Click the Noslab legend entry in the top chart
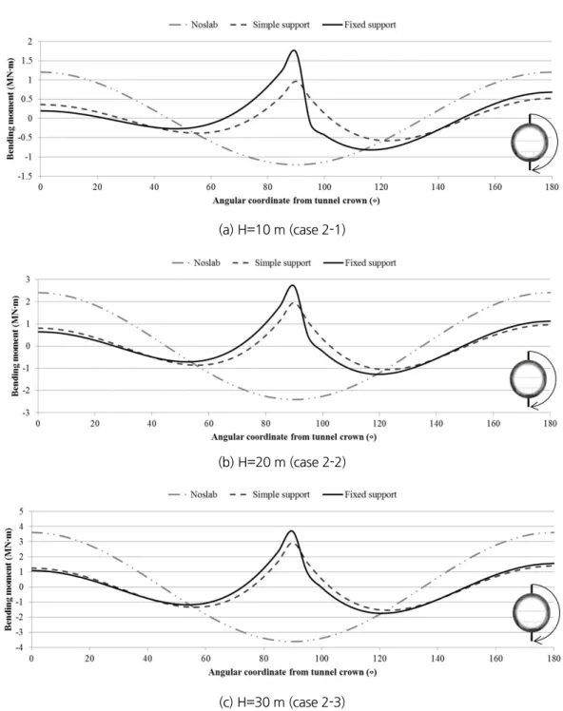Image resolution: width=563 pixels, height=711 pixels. pos(193,25)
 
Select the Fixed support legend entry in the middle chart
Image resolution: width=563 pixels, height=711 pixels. pos(359,262)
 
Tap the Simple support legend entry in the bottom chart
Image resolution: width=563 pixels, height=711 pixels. pos(270,494)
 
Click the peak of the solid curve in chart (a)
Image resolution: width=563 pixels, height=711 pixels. pos(294,50)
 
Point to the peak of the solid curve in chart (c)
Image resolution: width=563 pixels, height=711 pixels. pos(291,531)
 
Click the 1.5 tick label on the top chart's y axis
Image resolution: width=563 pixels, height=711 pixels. pos(28,61)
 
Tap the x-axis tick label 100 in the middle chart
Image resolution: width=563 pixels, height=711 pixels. pos(322,424)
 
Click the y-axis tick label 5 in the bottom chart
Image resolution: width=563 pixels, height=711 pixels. pos(21,511)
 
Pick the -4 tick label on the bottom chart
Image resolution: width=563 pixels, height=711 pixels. pos(20,647)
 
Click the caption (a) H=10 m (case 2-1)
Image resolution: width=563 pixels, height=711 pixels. pos(281,230)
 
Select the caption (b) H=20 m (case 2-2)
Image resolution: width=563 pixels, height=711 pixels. pos(281,462)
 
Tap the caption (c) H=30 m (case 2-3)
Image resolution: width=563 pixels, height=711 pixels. pos(281,701)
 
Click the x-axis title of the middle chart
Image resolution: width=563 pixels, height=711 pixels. pos(294,437)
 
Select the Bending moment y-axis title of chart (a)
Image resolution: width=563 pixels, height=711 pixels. pos(10,108)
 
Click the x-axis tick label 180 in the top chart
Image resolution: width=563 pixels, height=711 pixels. pos(552,187)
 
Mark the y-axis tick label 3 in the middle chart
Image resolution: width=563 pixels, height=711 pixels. pos(29,279)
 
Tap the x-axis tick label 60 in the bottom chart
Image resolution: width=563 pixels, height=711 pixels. pos(205,658)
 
